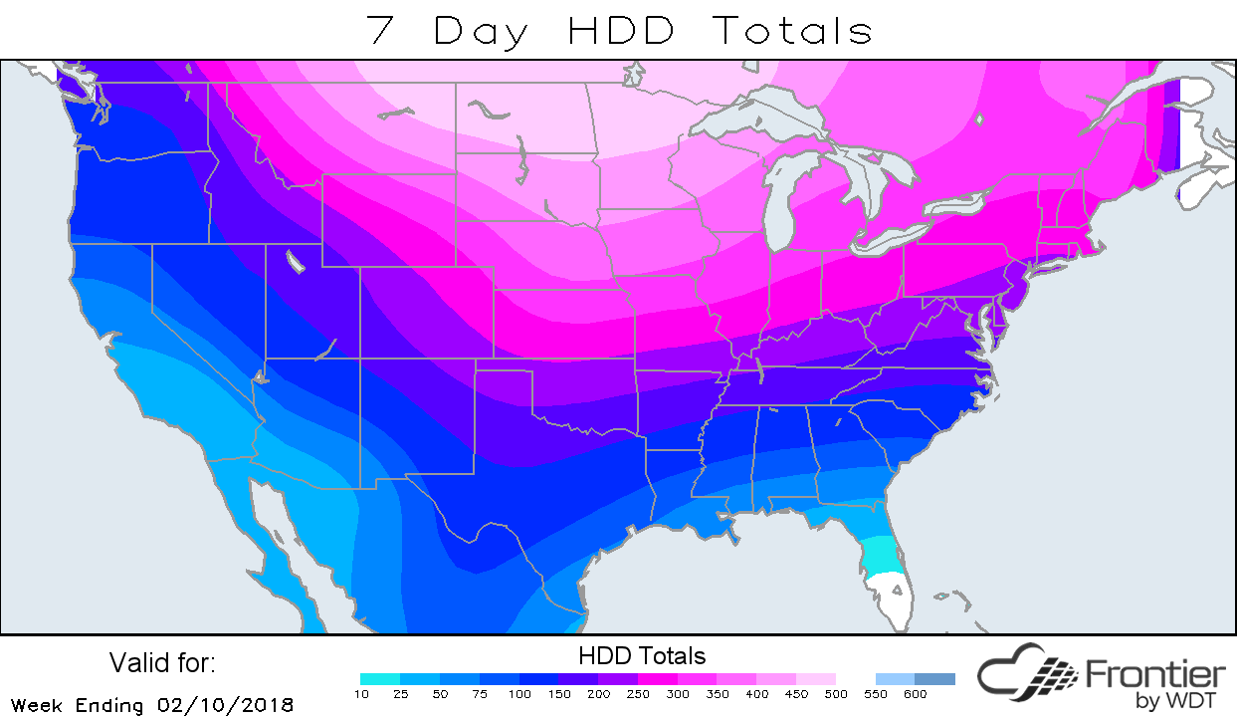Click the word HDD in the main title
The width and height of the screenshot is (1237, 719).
point(621,30)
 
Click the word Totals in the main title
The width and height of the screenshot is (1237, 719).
point(791,30)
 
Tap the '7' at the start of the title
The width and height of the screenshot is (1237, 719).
point(382,30)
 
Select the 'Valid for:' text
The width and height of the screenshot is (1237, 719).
point(162,663)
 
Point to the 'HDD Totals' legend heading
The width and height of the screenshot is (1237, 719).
point(642,656)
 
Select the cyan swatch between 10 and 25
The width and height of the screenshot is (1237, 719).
point(380,679)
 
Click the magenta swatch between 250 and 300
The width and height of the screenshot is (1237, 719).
point(657,679)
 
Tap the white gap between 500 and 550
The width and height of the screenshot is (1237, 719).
point(855,679)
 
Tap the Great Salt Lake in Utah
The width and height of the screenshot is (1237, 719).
point(295,262)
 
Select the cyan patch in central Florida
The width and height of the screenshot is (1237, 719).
point(879,558)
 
